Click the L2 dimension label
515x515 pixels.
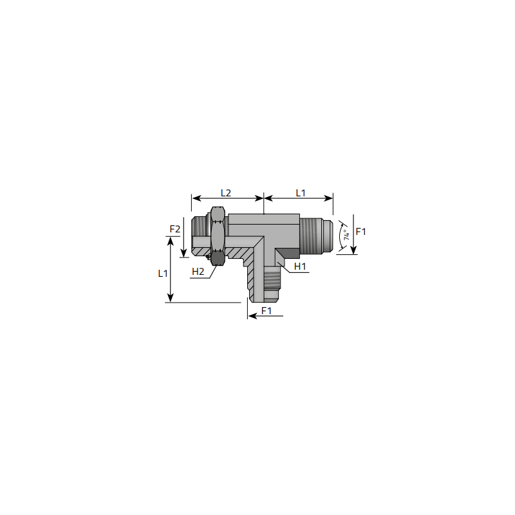click(226, 192)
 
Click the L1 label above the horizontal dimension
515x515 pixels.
click(301, 192)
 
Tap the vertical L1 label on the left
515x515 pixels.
click(163, 273)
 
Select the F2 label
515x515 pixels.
click(174, 229)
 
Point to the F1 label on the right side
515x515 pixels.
click(360, 232)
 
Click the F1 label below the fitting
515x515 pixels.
click(267, 310)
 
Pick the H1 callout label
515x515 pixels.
click(300, 267)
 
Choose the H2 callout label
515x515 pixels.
click(198, 272)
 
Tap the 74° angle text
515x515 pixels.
click(346, 235)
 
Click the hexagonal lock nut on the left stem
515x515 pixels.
click(218, 236)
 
